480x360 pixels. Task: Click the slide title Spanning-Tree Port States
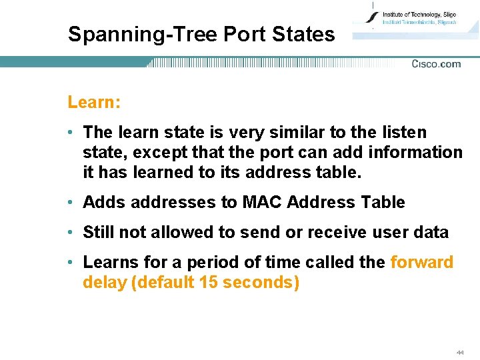coord(201,34)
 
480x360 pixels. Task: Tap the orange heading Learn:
coord(94,102)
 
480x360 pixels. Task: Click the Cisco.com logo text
coord(436,64)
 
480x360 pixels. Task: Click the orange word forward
coord(421,262)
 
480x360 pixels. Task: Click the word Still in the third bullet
coord(98,232)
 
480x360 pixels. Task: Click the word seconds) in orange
coord(261,282)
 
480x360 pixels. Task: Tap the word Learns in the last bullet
coord(109,262)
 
